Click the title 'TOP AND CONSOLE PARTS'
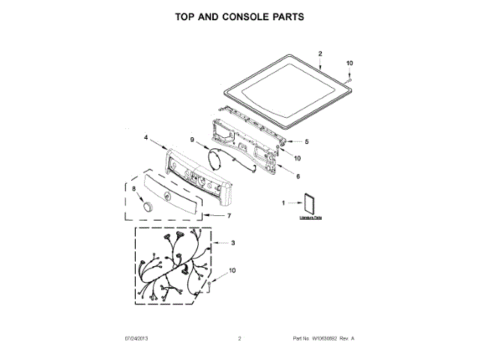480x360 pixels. (x=239, y=16)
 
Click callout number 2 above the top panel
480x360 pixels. (x=319, y=54)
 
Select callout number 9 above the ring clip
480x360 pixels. (x=192, y=139)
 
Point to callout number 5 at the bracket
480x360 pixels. (x=306, y=141)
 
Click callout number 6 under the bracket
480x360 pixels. (x=298, y=177)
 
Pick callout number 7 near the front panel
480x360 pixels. (x=229, y=216)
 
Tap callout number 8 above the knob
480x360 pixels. (x=134, y=189)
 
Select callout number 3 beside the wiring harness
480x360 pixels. (x=232, y=243)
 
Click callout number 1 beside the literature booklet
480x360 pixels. (x=283, y=202)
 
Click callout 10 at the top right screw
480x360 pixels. (x=349, y=63)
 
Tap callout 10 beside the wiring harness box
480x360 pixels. (x=232, y=270)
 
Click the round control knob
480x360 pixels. (x=148, y=206)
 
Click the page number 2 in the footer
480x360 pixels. (x=239, y=339)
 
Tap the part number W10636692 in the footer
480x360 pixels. (x=318, y=339)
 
